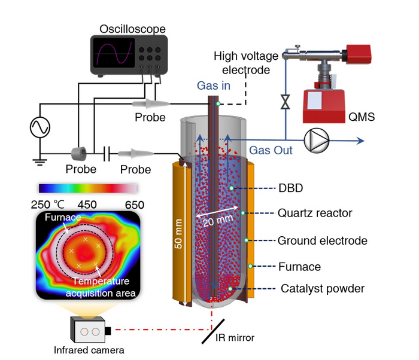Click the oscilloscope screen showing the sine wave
coord(113,54)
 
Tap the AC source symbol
coord(41,127)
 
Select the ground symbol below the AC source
coord(41,159)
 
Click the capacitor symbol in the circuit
coord(107,154)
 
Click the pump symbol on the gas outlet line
coord(315,141)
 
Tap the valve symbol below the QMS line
coord(286,102)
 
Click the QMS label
coord(362,117)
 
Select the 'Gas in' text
coord(214,86)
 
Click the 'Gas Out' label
coord(271,151)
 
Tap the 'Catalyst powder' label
coord(322,289)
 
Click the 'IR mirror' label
coord(235,338)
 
